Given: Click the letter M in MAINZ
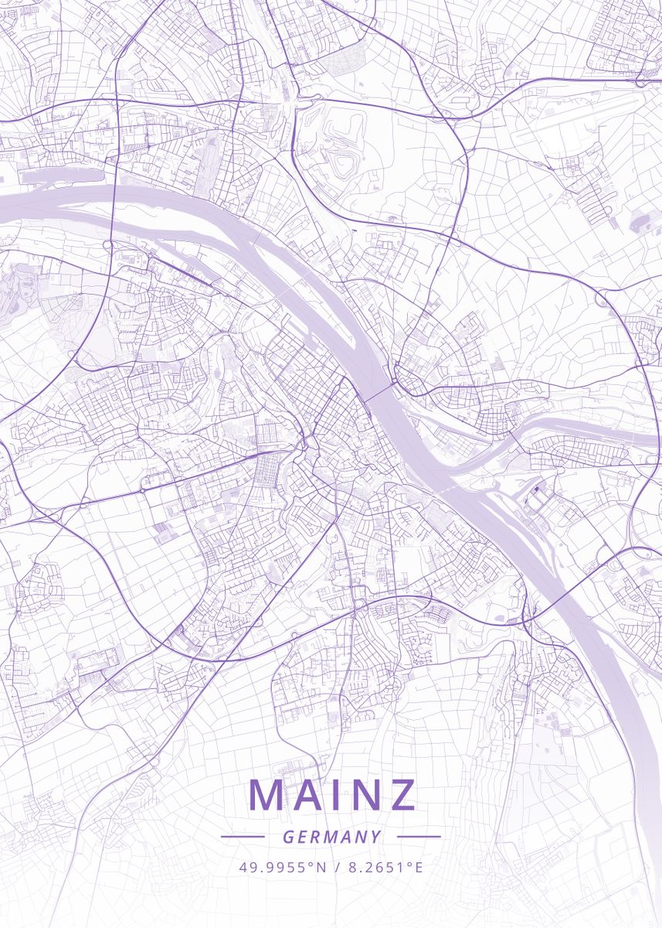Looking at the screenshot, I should [x=267, y=795].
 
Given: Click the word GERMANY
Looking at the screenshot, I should [x=331, y=837].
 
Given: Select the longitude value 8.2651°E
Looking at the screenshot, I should [x=385, y=867].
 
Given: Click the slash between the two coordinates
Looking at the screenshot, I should [x=338, y=867].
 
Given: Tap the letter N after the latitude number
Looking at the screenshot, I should [x=322, y=867].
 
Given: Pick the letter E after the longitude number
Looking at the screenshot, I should [x=419, y=867].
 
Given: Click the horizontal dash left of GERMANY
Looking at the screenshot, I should [x=243, y=837].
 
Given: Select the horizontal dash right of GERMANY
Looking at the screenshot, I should [x=419, y=837].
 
